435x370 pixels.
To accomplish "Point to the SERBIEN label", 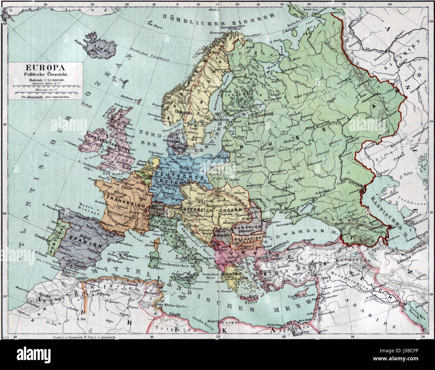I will (220, 235).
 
